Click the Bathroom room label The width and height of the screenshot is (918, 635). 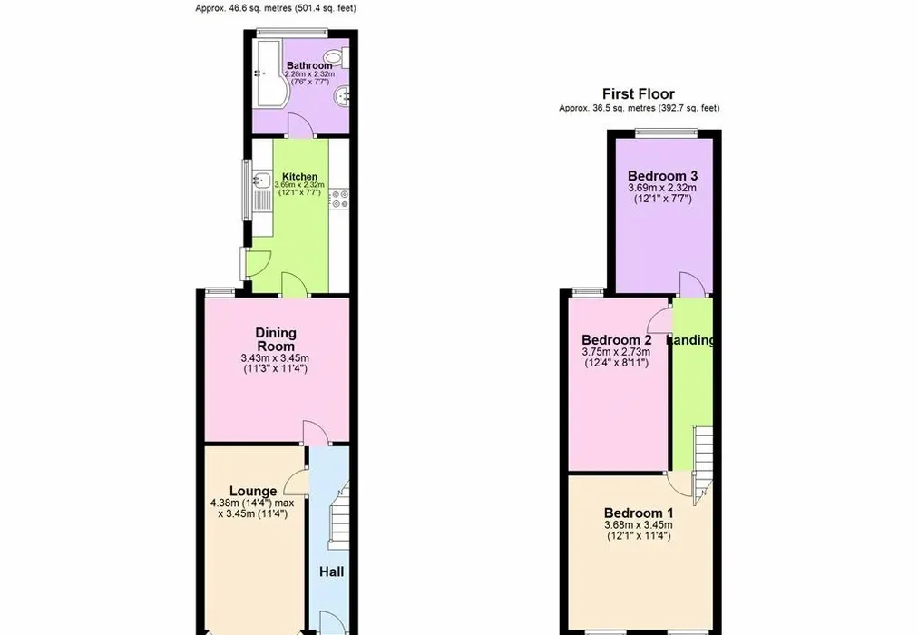(x=309, y=65)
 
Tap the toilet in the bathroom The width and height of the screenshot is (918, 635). (x=337, y=57)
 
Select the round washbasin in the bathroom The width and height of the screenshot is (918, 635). (x=340, y=96)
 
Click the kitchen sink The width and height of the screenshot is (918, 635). (x=260, y=180)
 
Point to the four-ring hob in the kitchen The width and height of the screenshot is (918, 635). (x=339, y=199)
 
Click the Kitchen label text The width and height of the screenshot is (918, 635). (x=299, y=176)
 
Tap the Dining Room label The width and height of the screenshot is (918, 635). (x=276, y=339)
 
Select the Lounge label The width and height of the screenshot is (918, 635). (x=253, y=491)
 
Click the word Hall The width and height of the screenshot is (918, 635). (x=331, y=571)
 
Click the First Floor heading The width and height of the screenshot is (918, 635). (x=638, y=93)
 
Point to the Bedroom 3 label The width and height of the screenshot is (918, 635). (x=663, y=176)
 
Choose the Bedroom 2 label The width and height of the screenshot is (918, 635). (x=617, y=340)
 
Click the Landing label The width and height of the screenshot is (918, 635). (x=693, y=340)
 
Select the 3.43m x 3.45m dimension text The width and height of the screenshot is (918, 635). (x=275, y=358)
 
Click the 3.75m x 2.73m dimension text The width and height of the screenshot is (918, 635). (x=616, y=352)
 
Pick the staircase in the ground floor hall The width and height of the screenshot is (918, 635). (x=338, y=515)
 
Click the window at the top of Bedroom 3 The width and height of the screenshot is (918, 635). (x=666, y=132)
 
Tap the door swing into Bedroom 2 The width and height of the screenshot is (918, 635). (x=661, y=320)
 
